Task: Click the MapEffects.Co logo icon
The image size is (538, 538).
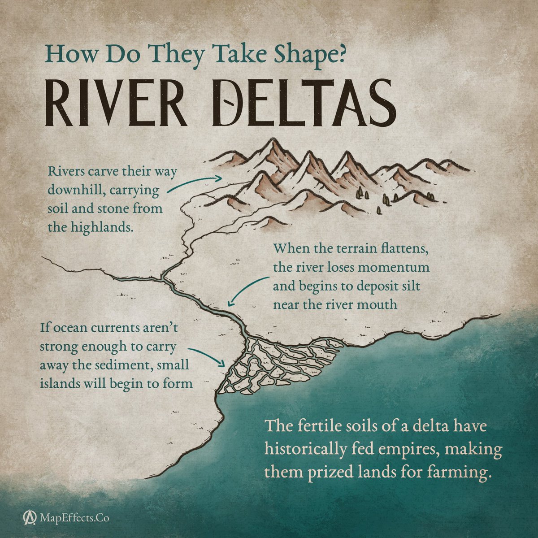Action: click(x=30, y=518)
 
